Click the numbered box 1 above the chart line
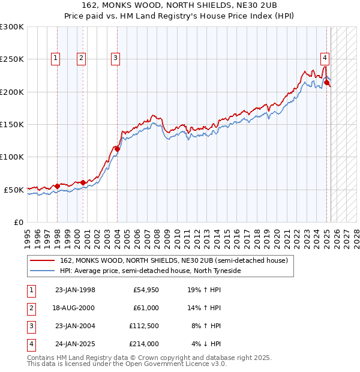(55, 58)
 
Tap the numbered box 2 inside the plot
(81, 58)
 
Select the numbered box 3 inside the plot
(115, 58)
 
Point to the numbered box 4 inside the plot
(325, 58)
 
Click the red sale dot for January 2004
(117, 148)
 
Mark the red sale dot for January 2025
(326, 82)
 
